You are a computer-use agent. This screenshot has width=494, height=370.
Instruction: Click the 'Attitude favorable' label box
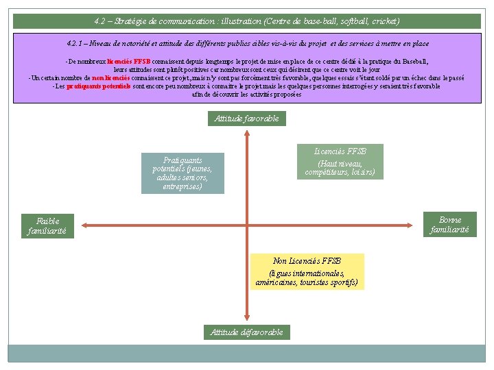pos(246,119)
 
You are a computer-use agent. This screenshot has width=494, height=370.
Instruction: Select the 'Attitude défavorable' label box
pos(246,332)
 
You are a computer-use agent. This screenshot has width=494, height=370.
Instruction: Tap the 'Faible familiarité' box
pos(47,226)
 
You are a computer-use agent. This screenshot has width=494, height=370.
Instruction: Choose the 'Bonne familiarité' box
pos(449,225)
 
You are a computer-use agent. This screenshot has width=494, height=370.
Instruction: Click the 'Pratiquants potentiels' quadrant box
pos(183,173)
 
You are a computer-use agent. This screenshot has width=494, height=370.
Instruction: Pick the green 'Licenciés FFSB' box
pos(340,162)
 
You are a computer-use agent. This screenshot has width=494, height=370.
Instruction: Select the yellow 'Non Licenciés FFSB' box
pos(307,271)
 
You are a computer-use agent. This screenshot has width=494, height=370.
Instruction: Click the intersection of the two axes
pos(246,224)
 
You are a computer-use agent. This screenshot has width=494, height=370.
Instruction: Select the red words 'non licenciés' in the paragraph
pos(111,78)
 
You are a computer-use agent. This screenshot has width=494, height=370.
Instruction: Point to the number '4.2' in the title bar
pos(101,21)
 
